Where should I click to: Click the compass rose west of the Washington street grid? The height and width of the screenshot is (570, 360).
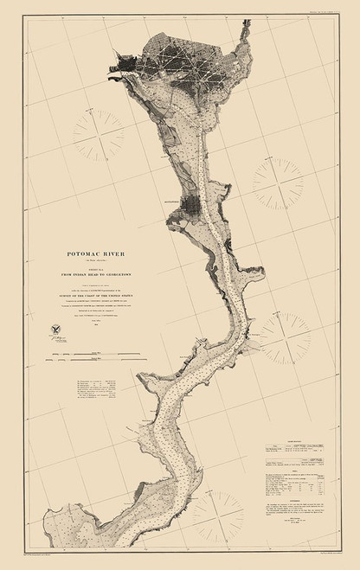point(98,137)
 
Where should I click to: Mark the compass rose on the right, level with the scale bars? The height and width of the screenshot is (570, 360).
point(285,338)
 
